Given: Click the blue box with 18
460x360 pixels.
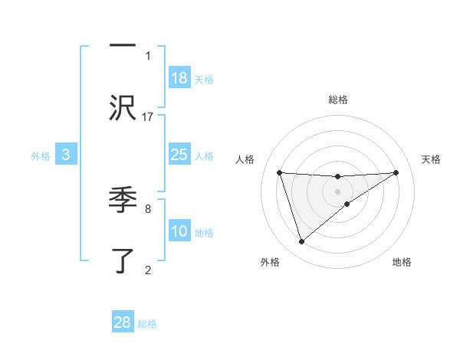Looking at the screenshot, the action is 179,78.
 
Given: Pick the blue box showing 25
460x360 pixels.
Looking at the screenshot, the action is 179,155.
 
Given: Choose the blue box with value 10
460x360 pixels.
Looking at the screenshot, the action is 179,231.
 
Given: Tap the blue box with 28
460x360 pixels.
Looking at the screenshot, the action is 123,322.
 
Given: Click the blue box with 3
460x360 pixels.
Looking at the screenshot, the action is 66,155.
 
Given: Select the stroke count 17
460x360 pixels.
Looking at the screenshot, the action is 148,116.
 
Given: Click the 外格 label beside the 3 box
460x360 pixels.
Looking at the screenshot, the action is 41,156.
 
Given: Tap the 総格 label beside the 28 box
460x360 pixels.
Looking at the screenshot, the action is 147,324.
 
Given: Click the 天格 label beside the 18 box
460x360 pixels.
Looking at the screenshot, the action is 204,80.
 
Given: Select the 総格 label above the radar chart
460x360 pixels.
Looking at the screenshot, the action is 338,100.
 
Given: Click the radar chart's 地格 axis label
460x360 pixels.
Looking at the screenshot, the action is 402,262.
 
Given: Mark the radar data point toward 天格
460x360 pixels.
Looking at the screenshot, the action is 396,172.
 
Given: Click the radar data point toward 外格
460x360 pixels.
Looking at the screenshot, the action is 301,242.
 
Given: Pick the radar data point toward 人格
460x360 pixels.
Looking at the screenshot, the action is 279,172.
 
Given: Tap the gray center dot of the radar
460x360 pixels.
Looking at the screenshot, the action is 338,191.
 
